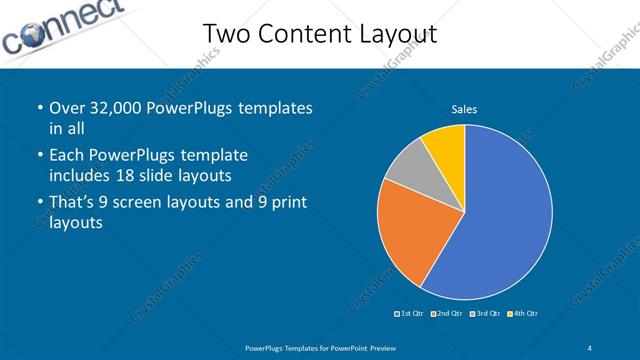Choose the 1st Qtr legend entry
[x=410, y=314]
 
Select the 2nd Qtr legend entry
[x=447, y=314]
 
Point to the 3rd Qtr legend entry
[x=484, y=314]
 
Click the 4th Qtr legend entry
[x=521, y=314]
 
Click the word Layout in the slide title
[x=391, y=35]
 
